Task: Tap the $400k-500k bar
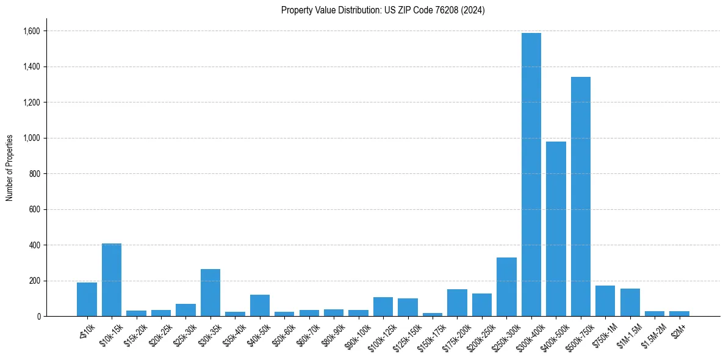[x=556, y=229]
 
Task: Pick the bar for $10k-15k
[x=112, y=280]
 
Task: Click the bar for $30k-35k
[x=210, y=293]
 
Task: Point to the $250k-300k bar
[x=506, y=287]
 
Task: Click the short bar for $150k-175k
[x=433, y=314]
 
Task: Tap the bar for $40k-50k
[x=260, y=306]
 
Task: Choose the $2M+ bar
[x=679, y=314]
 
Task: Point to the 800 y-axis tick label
[x=35, y=174]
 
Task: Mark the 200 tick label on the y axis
[x=35, y=281]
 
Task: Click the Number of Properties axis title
[x=9, y=167]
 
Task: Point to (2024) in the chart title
[x=473, y=10]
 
